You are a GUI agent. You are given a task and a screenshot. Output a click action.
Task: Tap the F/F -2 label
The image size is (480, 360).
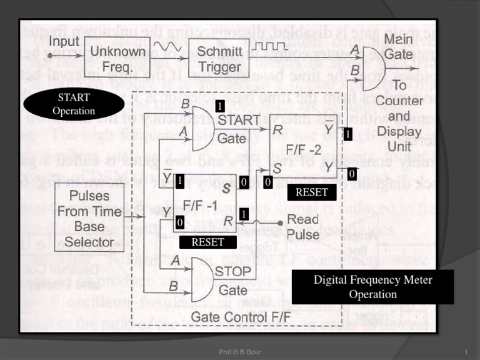coord(304,150)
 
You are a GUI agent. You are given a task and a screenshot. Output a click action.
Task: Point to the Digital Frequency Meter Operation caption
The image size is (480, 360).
coord(373,287)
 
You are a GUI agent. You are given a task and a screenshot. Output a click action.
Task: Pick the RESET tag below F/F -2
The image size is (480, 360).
coord(311,192)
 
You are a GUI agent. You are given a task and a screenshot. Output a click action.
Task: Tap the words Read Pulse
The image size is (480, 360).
coord(302,227)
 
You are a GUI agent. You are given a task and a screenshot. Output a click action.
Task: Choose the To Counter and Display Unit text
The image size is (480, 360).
coord(399,116)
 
